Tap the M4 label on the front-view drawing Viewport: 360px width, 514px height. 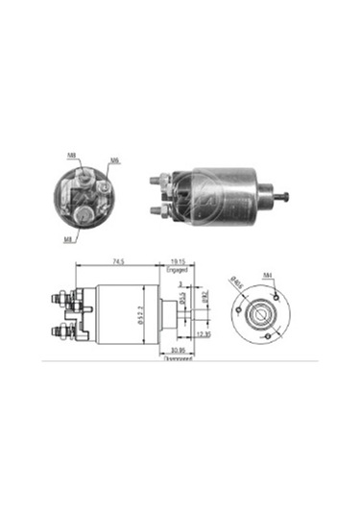click(x=269, y=276)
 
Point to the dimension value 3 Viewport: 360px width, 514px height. click(x=179, y=284)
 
